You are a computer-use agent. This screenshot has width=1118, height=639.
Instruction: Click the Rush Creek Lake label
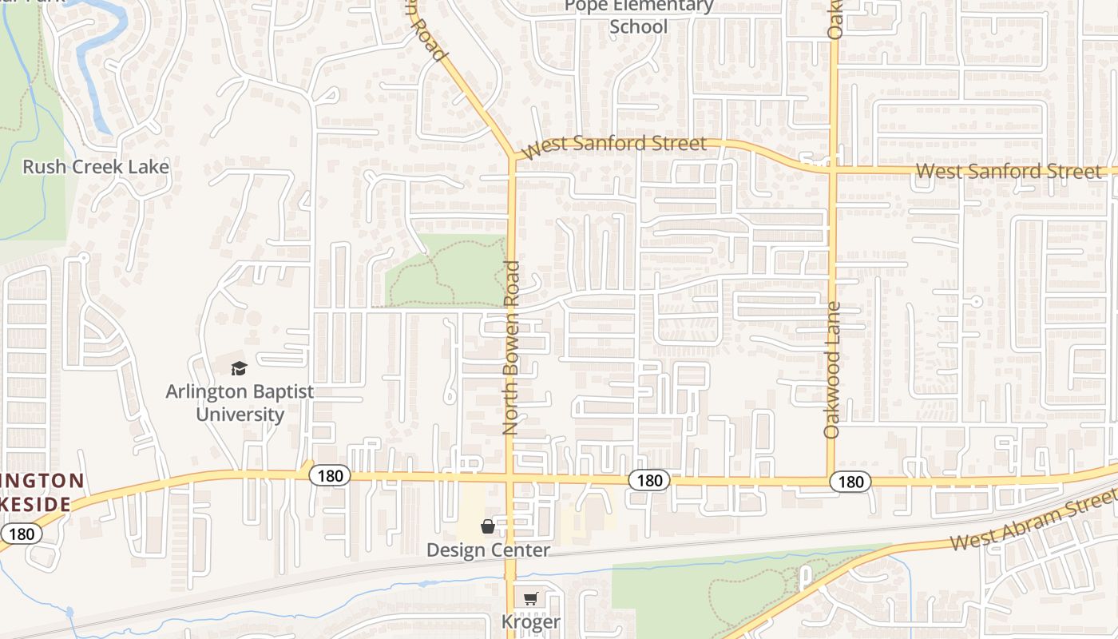(x=96, y=167)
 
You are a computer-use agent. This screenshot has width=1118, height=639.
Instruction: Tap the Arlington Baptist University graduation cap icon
(x=239, y=368)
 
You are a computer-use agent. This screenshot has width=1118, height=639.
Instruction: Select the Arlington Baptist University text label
(x=240, y=403)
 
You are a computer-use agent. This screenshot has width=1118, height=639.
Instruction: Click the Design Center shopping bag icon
(x=488, y=526)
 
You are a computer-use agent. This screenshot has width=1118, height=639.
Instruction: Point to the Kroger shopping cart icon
(x=531, y=598)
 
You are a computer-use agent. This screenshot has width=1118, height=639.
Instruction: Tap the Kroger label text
(x=531, y=621)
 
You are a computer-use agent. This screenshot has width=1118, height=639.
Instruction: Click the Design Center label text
(x=488, y=550)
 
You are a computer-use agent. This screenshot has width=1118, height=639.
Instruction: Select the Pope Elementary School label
(x=639, y=16)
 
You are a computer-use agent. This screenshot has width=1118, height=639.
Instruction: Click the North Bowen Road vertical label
(x=512, y=347)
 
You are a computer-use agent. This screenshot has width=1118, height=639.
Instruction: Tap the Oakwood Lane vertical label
(x=832, y=369)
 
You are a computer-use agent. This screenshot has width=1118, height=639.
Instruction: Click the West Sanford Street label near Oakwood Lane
(x=1007, y=171)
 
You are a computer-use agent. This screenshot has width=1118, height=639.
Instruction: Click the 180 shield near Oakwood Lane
(x=850, y=482)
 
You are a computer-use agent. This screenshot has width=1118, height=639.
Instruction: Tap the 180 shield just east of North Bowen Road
(x=649, y=480)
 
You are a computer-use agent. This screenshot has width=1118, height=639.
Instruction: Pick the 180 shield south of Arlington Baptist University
(x=329, y=476)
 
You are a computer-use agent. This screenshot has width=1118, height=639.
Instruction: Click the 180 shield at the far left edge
(x=20, y=534)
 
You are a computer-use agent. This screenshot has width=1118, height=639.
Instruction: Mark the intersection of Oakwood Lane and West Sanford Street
(x=832, y=169)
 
